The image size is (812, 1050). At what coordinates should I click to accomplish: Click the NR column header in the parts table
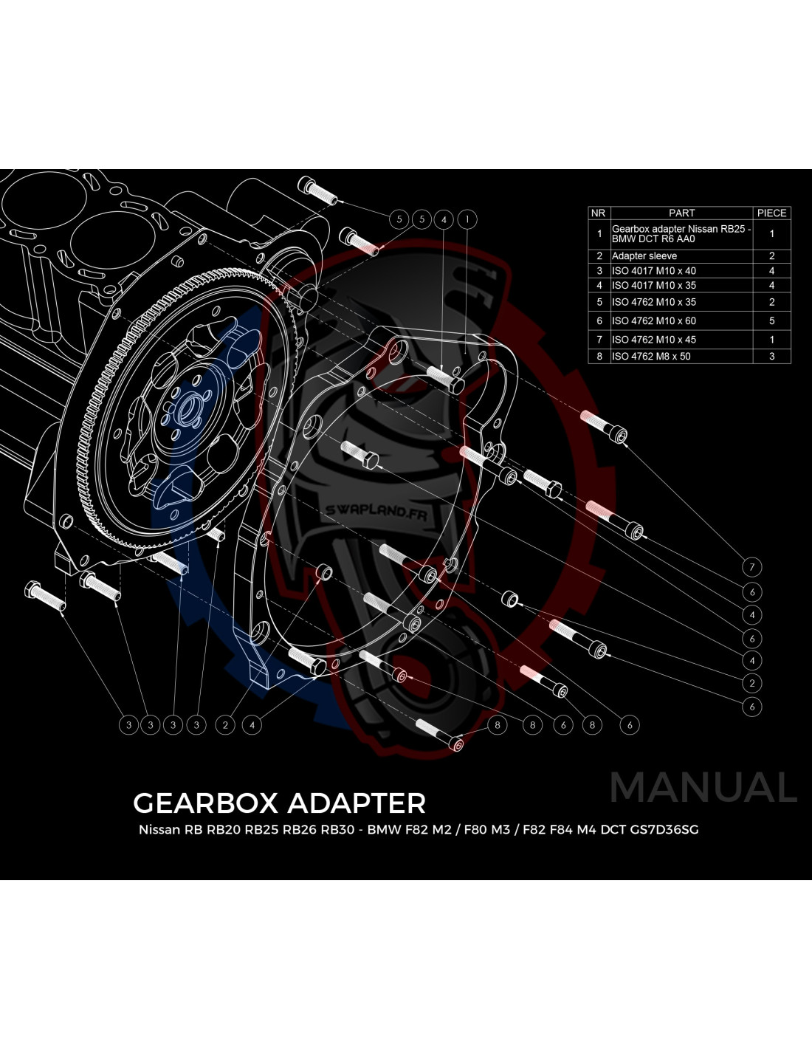(x=598, y=213)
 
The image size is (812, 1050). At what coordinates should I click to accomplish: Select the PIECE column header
(x=771, y=213)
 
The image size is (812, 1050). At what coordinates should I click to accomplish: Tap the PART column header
(x=681, y=213)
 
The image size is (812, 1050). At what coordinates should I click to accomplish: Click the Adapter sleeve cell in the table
(x=644, y=256)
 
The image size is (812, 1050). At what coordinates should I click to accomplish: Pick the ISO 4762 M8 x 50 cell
(x=650, y=357)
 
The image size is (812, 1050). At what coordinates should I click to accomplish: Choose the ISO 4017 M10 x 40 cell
(x=653, y=271)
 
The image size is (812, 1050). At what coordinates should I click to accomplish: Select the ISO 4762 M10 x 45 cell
(x=653, y=340)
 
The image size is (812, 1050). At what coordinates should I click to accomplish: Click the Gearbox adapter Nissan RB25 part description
(x=681, y=234)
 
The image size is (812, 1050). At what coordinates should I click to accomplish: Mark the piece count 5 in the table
(x=771, y=321)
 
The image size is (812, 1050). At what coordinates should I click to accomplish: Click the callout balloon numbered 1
(x=467, y=219)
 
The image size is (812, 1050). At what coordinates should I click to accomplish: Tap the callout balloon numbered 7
(x=751, y=567)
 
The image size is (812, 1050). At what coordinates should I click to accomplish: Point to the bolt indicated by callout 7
(x=603, y=425)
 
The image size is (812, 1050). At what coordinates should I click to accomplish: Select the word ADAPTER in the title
(x=357, y=803)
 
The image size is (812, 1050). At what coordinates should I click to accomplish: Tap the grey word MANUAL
(x=703, y=788)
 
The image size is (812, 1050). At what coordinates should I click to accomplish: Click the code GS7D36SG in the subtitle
(x=664, y=830)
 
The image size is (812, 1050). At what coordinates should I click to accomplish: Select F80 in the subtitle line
(x=472, y=830)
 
